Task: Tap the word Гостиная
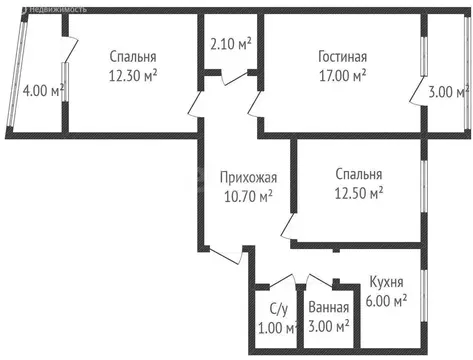coord(343,57)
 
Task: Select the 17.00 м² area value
coord(342,74)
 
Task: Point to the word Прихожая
coord(247,178)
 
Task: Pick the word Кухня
coord(385,283)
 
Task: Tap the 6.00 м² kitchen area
coord(385,300)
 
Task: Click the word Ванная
coord(328,309)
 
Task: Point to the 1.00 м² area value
coord(277,326)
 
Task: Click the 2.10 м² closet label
coord(231,45)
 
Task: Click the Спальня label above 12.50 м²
coord(359,174)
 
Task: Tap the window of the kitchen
coord(423,300)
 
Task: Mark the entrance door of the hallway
coord(229,255)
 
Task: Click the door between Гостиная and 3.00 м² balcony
coord(414,91)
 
